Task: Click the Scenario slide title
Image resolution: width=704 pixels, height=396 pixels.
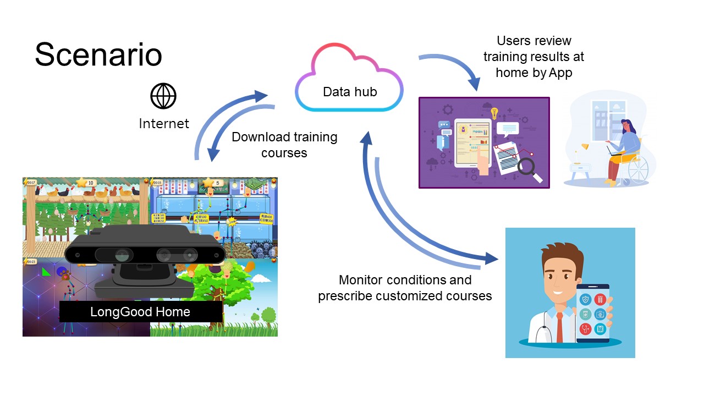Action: (x=98, y=55)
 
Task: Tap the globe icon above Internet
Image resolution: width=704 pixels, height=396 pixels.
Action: (x=163, y=97)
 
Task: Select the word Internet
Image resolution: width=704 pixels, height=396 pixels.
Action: (x=163, y=124)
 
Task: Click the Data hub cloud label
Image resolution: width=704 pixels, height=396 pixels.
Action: (x=350, y=92)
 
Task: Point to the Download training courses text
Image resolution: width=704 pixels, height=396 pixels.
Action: (x=284, y=145)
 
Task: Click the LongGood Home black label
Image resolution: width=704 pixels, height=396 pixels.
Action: (x=140, y=312)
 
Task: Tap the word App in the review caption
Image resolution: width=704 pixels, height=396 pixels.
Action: (x=560, y=73)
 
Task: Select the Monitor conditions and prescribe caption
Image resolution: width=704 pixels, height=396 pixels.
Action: (x=405, y=288)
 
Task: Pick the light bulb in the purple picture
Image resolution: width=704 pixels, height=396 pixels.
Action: (x=494, y=113)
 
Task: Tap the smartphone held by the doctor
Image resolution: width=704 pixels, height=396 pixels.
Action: (x=592, y=313)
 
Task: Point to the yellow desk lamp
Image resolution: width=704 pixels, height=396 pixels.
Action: (x=585, y=147)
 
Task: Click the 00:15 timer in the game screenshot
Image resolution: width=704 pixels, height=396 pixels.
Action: (x=157, y=182)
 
